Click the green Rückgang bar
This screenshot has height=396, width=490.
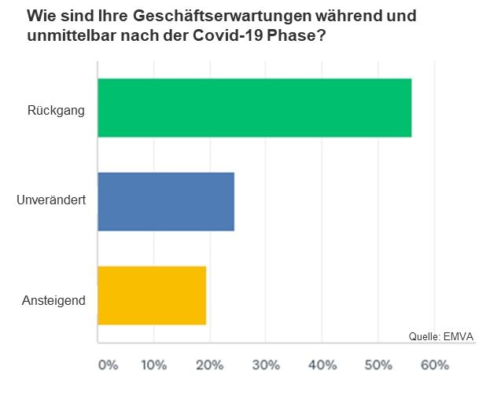coord(254,108)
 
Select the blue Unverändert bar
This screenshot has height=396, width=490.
coord(166,202)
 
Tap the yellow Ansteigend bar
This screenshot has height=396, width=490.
coord(152,295)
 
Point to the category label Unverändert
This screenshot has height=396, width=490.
coord(51,202)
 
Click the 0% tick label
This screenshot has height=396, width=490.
coord(108,365)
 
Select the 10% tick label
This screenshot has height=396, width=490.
coord(153,365)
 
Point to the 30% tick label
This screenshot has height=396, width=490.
coord(266,365)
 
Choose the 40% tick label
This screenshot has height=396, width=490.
coord(322,365)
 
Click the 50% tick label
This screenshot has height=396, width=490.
coord(378,365)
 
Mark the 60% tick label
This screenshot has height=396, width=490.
coord(435,365)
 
